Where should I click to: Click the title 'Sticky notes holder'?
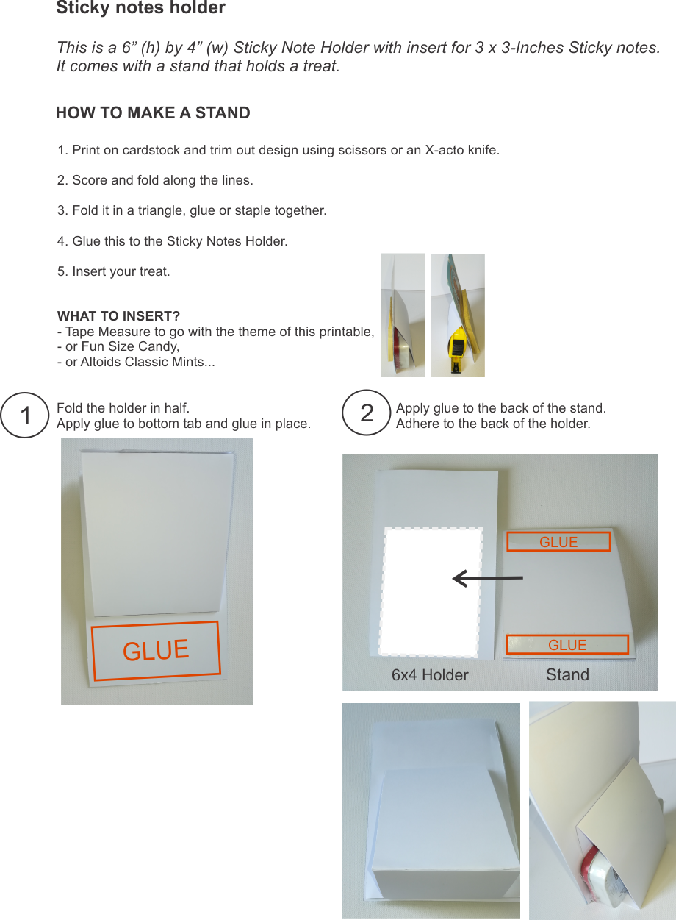point(140,9)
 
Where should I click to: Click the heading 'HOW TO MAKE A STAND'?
point(153,113)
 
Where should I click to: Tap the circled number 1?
point(26,415)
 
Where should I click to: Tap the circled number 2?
point(367,413)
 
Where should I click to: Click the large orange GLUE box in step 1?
point(156,649)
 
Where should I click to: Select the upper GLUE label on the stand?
point(558,542)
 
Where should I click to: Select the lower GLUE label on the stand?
point(567,645)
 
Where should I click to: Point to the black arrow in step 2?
point(486,579)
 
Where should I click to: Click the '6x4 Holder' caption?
point(430,675)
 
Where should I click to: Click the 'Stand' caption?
point(567,675)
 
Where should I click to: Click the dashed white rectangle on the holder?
point(431,592)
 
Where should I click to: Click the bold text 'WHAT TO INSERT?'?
point(118,317)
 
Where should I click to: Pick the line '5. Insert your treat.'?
point(113,271)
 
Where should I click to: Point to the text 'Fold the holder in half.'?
point(123,408)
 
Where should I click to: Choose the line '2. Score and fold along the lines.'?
point(155,181)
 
